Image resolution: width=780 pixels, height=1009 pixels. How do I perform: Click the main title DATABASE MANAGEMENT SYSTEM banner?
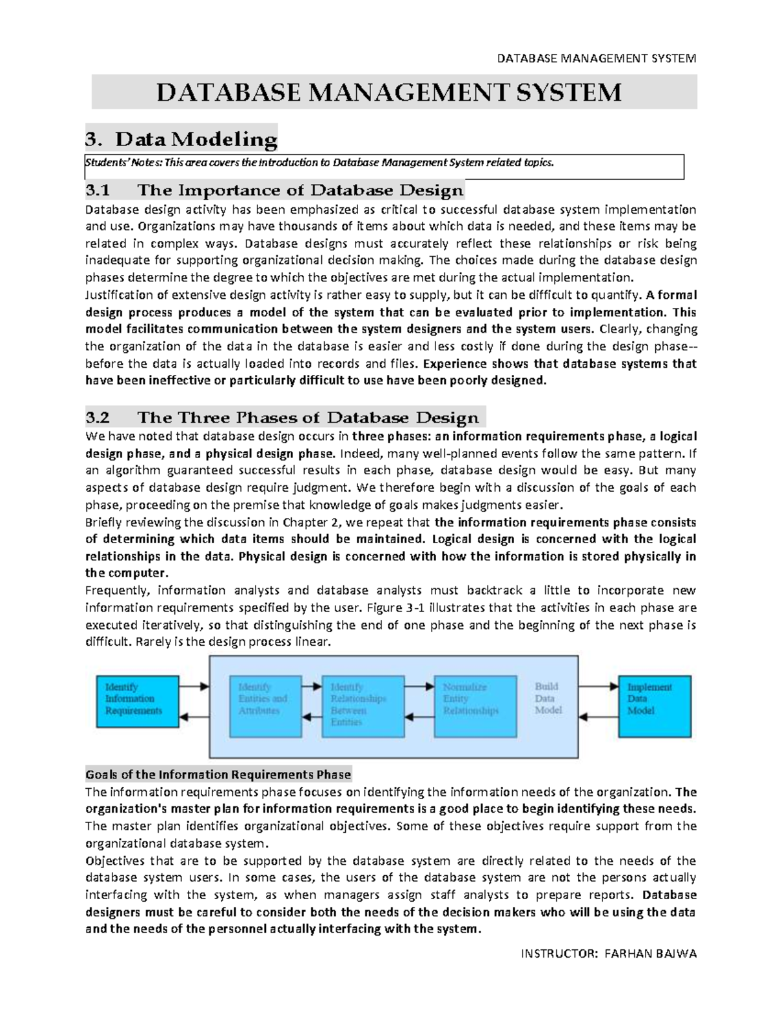coord(389,92)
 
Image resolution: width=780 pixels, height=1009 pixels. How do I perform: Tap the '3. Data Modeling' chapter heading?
coord(181,139)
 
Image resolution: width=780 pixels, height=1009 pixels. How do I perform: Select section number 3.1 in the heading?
coord(98,190)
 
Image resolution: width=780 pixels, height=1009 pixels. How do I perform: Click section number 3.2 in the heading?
coord(98,417)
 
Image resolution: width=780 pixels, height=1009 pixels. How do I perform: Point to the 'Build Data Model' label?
coord(548,698)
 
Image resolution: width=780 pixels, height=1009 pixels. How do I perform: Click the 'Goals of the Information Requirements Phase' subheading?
coord(218,774)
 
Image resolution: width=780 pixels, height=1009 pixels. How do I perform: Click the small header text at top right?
coord(596,58)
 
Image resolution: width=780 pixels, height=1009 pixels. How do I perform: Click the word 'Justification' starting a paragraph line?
coord(116,295)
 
